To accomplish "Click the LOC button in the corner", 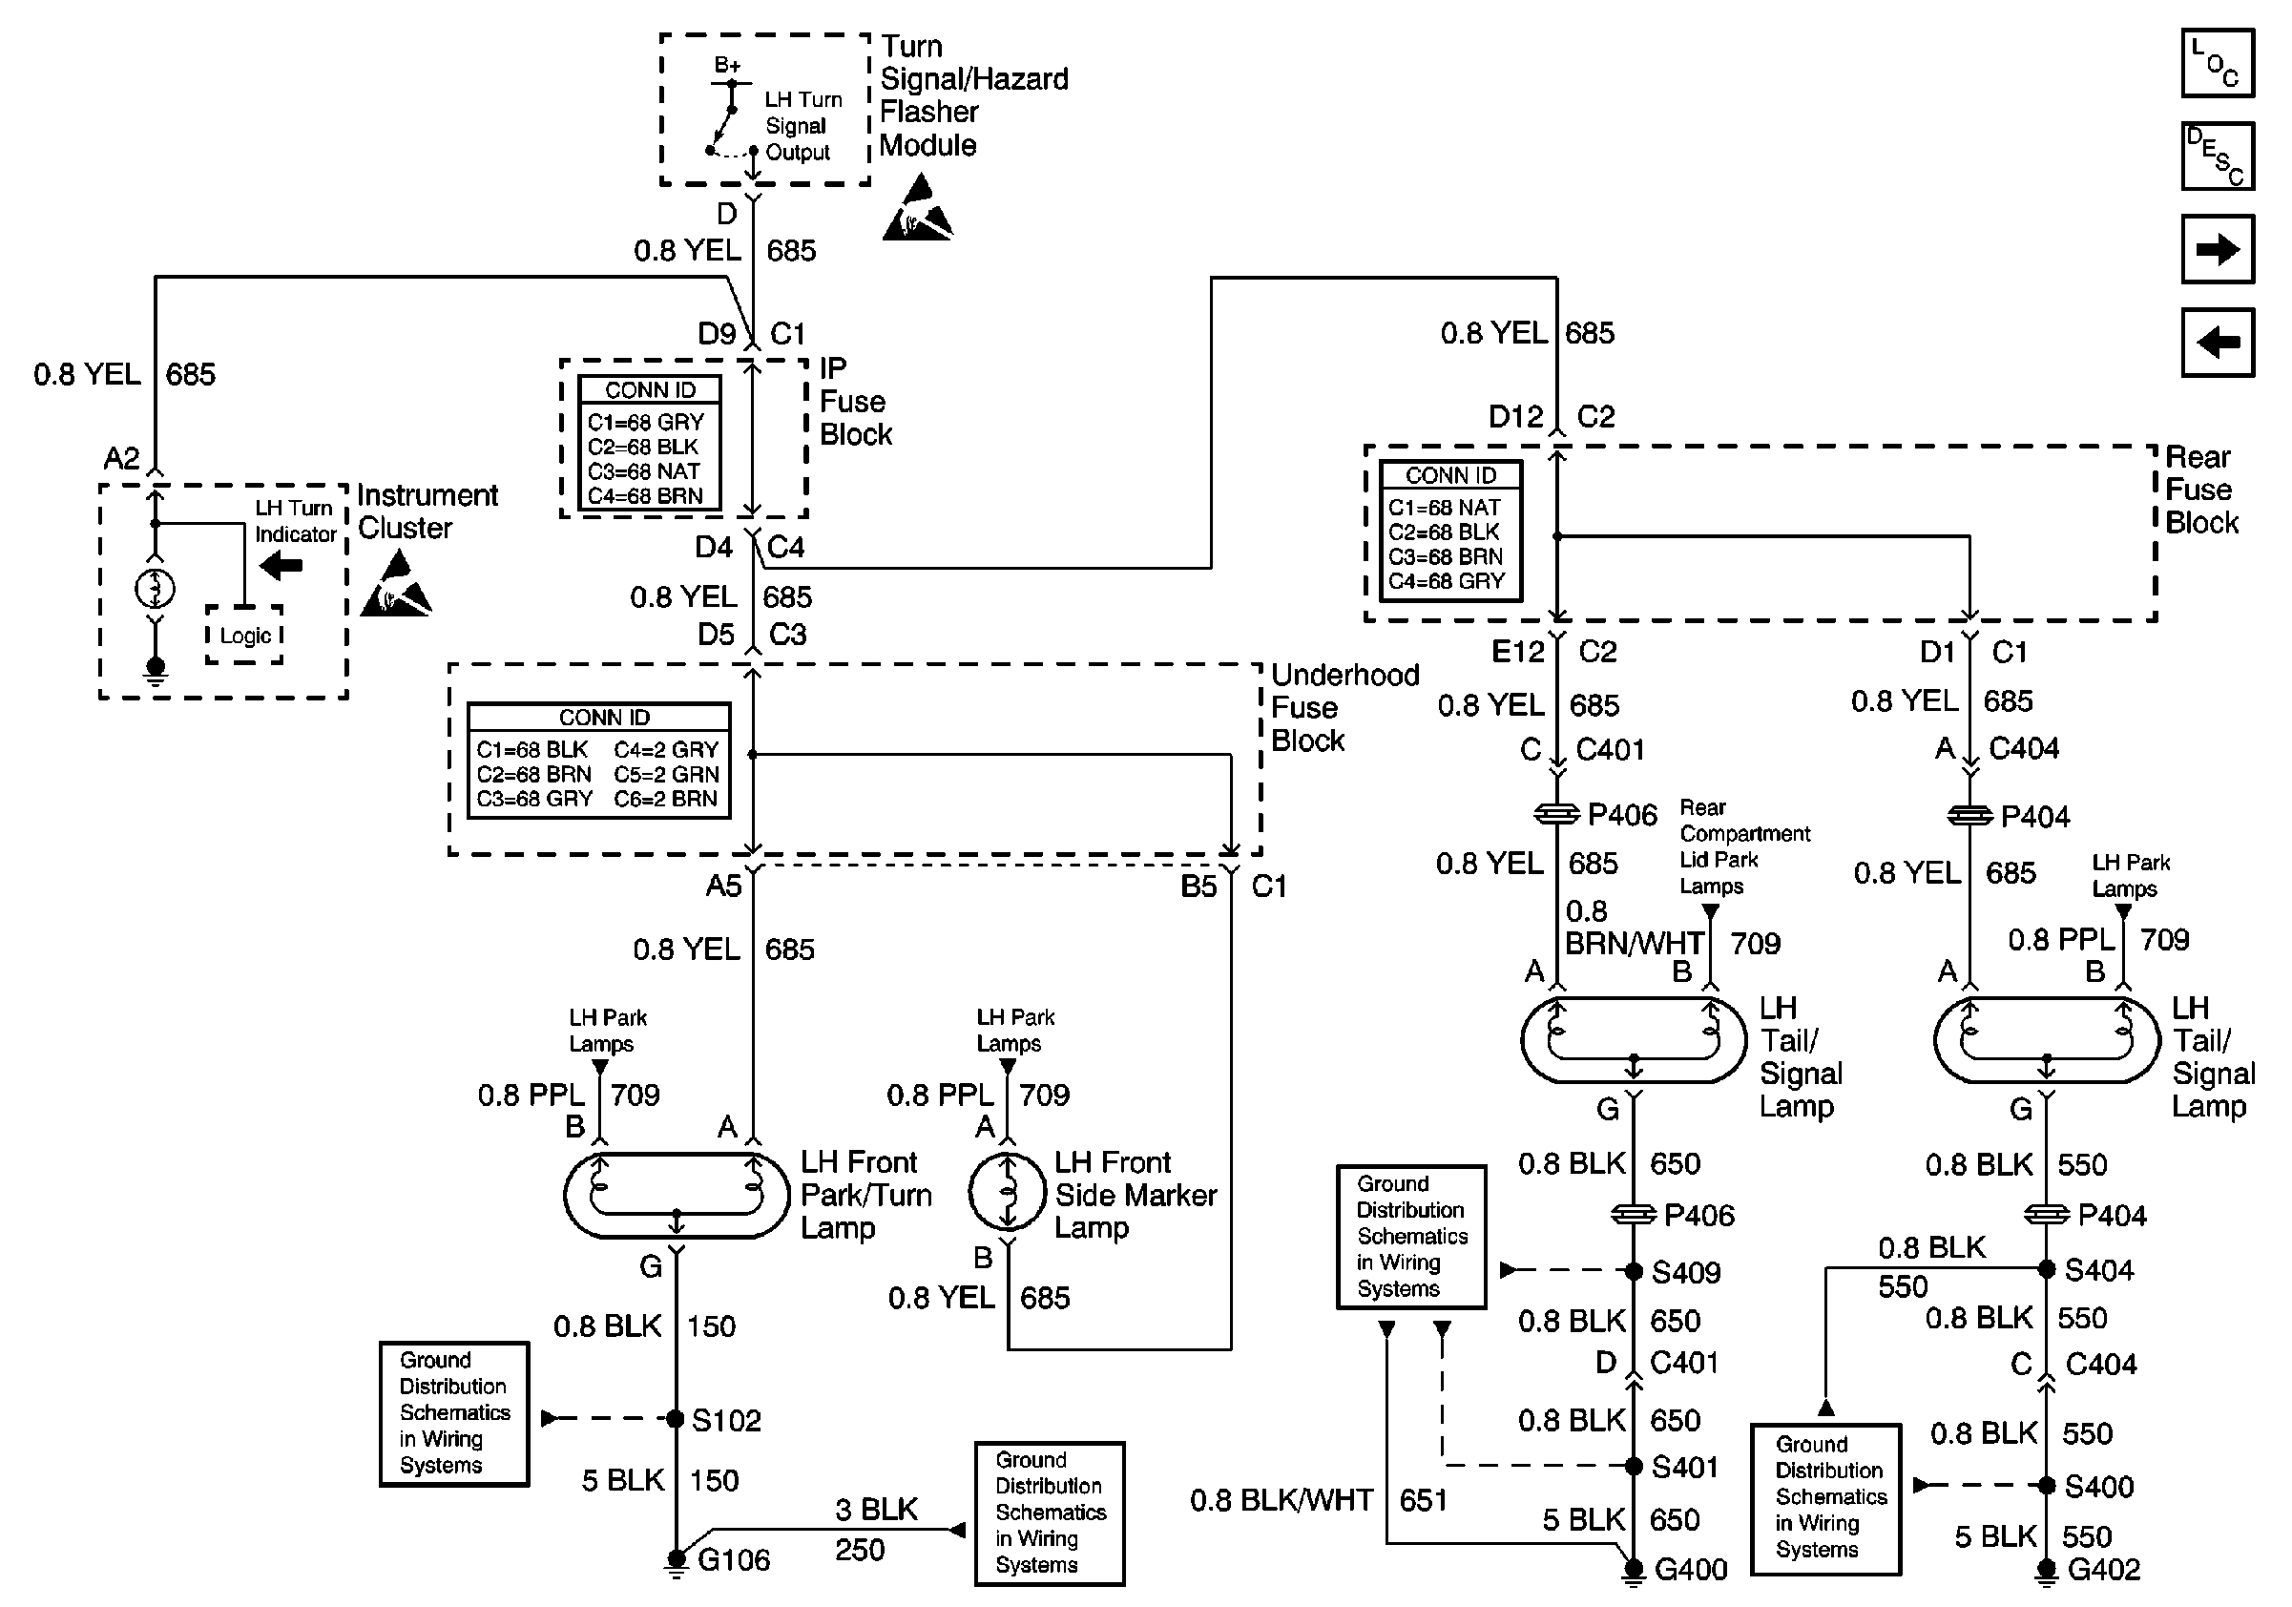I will (x=2218, y=64).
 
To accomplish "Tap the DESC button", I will (x=2218, y=157).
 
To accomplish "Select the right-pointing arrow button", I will (x=2218, y=249).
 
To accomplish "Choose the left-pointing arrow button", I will (x=2218, y=343).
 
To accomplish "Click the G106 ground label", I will (x=733, y=1559).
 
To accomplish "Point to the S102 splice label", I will (x=726, y=1419).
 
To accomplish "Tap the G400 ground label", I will (x=1690, y=1569).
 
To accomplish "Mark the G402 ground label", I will (x=2103, y=1569).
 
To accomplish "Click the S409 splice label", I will (x=1686, y=1273).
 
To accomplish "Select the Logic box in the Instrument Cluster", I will (x=244, y=636).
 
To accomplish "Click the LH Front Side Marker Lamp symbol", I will (x=1008, y=1193).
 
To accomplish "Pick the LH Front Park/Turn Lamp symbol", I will (x=677, y=1195).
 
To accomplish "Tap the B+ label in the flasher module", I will (x=728, y=66).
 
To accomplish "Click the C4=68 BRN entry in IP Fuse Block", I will (x=645, y=496).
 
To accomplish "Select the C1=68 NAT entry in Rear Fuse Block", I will (x=1444, y=507).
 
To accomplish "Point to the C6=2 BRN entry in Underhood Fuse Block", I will (x=665, y=799).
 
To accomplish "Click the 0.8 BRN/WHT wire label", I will (x=1634, y=929).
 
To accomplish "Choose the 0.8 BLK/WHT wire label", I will (x=1281, y=1500).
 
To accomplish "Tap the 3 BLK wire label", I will (x=875, y=1509).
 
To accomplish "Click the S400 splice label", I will (x=2098, y=1486).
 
